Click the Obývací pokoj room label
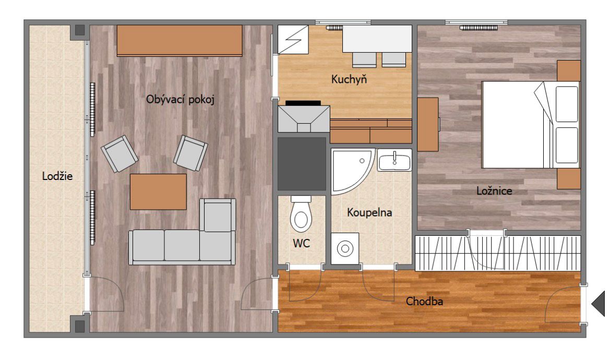(180, 100)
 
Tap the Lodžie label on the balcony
(57, 176)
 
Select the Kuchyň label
(349, 79)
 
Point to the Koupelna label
(369, 213)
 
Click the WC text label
(302, 244)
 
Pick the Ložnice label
(494, 191)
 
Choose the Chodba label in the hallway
(424, 301)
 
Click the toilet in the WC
(301, 214)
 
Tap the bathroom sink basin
(394, 160)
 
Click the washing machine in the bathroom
(345, 248)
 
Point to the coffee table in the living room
(158, 191)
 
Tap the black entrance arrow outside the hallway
(599, 303)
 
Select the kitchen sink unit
(304, 119)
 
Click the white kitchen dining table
(377, 39)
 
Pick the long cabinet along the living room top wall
(180, 41)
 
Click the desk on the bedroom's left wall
(428, 124)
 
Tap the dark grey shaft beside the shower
(302, 164)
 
